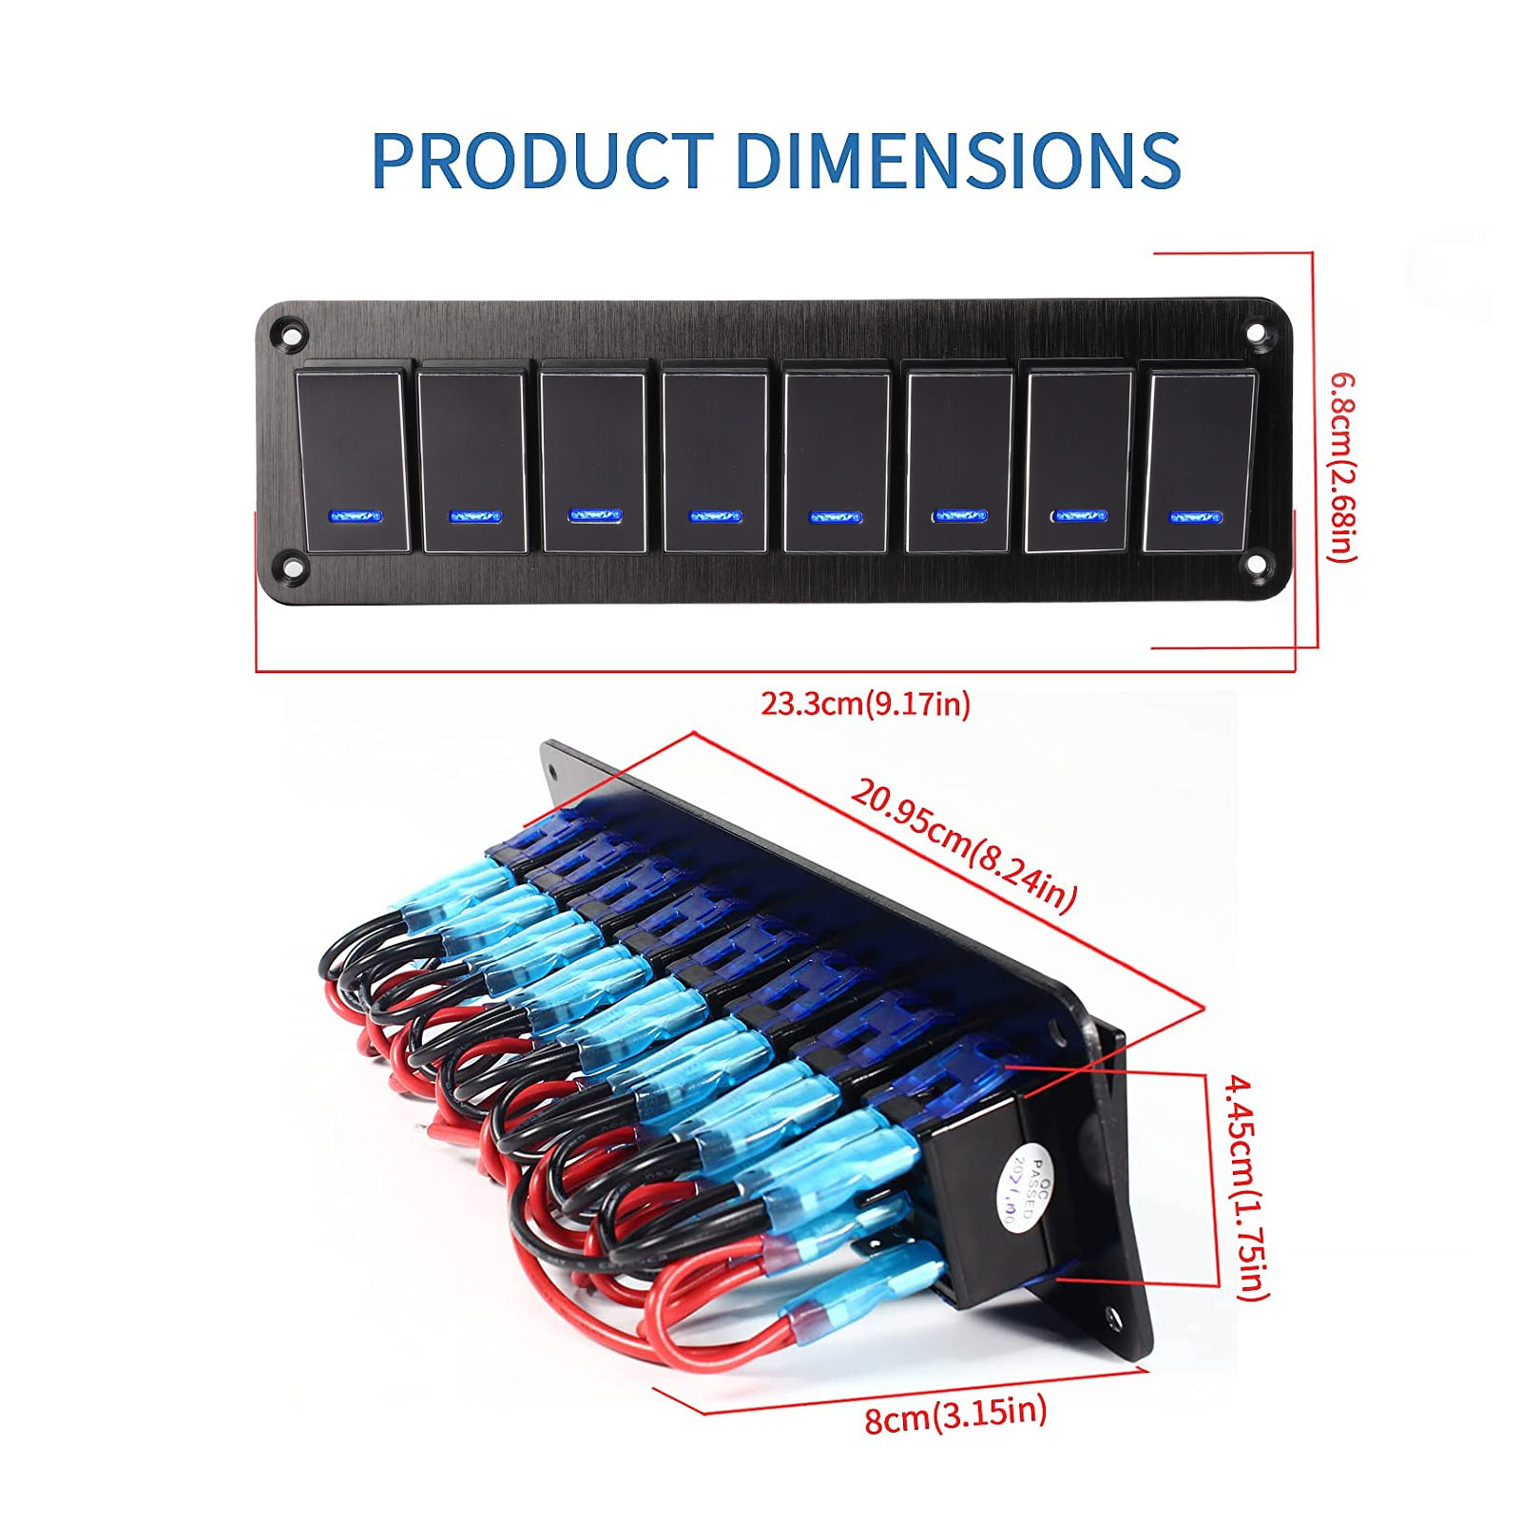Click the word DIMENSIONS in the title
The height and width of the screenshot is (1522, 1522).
coord(957,159)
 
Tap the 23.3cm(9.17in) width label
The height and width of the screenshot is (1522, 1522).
coord(865,704)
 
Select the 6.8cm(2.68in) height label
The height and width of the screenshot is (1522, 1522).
coord(1343,466)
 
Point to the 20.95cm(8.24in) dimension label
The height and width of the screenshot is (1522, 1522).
coord(963,844)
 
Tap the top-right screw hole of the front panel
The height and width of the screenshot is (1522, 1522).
coord(1257,332)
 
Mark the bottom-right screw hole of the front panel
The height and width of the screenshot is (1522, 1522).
coord(1257,564)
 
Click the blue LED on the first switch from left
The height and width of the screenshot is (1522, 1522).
coord(354,516)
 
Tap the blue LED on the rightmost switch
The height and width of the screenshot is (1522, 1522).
coord(1195,516)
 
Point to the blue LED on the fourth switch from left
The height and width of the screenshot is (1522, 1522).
coord(715,516)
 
